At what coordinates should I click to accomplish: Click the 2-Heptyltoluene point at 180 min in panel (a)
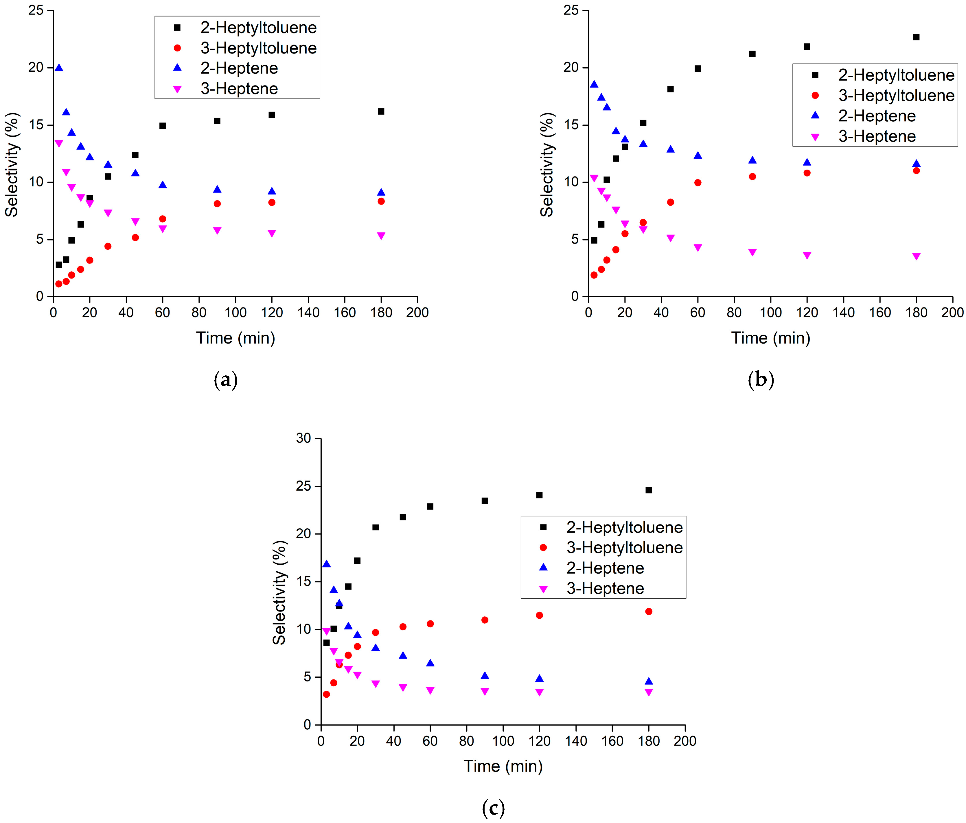point(381,111)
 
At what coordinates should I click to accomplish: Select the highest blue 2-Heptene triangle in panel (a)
point(59,68)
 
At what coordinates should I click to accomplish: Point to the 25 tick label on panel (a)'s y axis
point(36,10)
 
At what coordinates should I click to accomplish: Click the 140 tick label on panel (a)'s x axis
point(308,312)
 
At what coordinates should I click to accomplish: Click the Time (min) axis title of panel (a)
point(235,338)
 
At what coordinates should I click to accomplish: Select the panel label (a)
point(226,380)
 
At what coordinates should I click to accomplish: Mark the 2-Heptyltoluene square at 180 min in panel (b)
point(916,37)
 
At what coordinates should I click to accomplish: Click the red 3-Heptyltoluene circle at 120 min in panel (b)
point(807,173)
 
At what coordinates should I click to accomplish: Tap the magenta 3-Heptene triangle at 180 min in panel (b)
point(916,256)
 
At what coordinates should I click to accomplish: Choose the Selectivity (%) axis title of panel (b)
point(547,164)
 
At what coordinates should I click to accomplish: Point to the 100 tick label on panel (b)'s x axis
point(770,312)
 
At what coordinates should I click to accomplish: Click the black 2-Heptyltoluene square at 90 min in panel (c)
point(485,501)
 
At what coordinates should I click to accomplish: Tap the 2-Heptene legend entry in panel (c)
point(605,568)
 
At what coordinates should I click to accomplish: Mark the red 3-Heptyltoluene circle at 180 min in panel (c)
point(649,611)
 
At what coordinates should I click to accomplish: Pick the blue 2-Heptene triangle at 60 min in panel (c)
point(430,663)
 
